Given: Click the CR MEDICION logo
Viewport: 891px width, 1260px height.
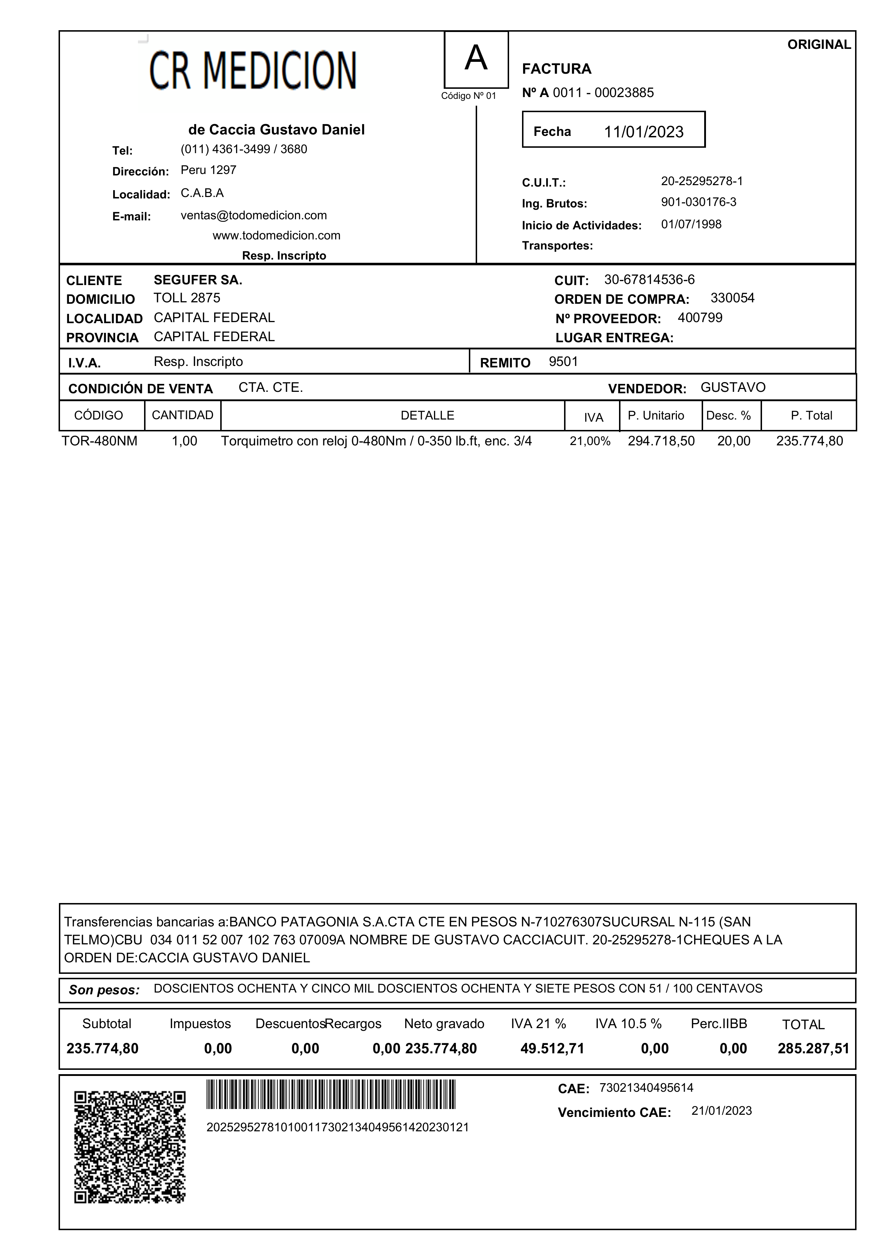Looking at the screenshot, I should pyautogui.click(x=253, y=71).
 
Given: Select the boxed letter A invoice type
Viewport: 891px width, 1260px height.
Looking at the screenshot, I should pyautogui.click(x=476, y=58).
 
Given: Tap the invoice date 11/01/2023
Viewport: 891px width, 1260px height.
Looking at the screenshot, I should pyautogui.click(x=643, y=132).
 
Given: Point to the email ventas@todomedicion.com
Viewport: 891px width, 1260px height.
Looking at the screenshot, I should pyautogui.click(x=254, y=215).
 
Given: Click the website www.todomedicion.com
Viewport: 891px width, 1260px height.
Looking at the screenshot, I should pyautogui.click(x=277, y=235).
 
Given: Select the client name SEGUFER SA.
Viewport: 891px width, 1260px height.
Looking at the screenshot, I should pyautogui.click(x=198, y=280).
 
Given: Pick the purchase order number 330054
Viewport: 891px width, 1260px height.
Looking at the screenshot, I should pyautogui.click(x=732, y=298).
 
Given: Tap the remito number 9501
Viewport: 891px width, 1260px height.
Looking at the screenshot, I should pyautogui.click(x=563, y=362).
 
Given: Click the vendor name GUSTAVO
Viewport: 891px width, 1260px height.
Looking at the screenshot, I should pyautogui.click(x=733, y=388).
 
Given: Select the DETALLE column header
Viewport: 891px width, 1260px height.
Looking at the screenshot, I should pyautogui.click(x=428, y=416).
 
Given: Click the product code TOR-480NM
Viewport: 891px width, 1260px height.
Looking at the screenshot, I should pyautogui.click(x=99, y=441).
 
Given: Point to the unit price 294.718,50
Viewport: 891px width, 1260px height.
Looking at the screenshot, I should pyautogui.click(x=661, y=441).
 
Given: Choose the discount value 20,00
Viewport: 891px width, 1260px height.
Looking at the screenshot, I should pyautogui.click(x=734, y=441).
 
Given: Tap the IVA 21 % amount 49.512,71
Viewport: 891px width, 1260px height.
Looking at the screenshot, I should pyautogui.click(x=552, y=1049).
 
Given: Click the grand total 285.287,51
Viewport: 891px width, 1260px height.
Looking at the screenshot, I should pyautogui.click(x=813, y=1049).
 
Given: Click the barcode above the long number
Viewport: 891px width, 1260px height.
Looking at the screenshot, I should pyautogui.click(x=331, y=1094).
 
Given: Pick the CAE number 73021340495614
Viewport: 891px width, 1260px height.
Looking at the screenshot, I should pyautogui.click(x=646, y=1087).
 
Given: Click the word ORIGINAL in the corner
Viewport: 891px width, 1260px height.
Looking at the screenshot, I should pyautogui.click(x=818, y=45).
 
